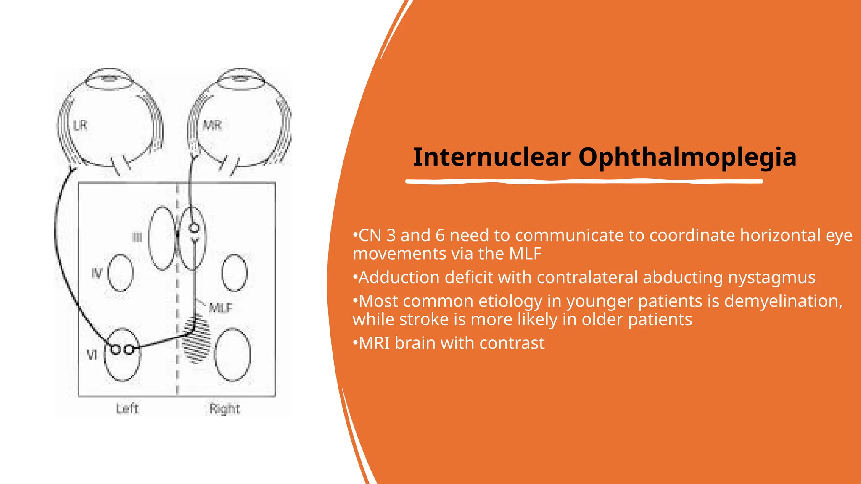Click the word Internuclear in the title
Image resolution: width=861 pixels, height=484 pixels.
[x=491, y=157]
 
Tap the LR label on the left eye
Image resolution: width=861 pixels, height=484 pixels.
[x=80, y=125]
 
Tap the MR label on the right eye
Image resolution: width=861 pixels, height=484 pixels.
[x=212, y=125]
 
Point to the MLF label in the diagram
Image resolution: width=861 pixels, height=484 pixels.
[x=221, y=308]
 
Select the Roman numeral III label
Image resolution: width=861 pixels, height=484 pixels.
[x=137, y=237]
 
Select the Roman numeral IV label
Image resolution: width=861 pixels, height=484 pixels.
[x=97, y=274]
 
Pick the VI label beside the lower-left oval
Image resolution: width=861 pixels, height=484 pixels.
[x=92, y=355]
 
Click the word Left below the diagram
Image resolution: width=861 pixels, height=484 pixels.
[x=127, y=408]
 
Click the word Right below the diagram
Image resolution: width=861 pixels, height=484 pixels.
[x=224, y=409]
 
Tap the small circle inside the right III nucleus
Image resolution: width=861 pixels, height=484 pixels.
[x=194, y=228]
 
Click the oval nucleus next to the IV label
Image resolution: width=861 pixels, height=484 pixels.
[x=121, y=273]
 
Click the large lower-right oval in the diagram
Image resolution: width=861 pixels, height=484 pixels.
[x=232, y=355]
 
